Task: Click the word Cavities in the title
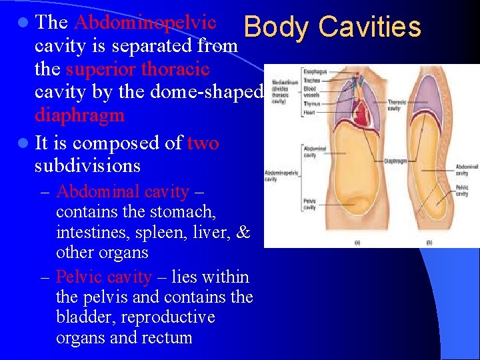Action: tap(370, 27)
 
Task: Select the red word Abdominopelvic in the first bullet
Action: tap(145, 22)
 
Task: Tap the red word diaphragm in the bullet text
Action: tap(79, 115)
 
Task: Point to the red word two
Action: tap(203, 143)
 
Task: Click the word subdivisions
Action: tap(87, 165)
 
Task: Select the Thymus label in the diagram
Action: tap(311, 104)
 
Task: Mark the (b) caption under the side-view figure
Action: tap(429, 242)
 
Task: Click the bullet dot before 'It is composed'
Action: tap(24, 143)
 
